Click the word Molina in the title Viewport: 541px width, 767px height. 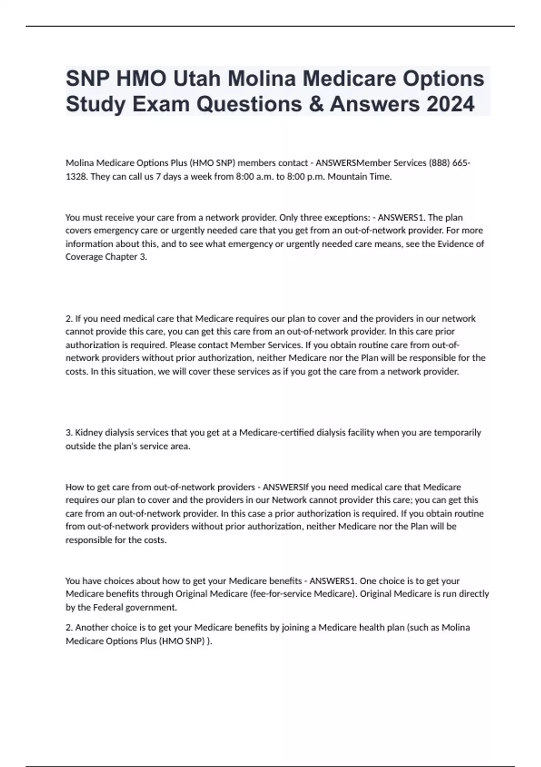click(263, 79)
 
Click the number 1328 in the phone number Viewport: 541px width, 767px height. click(76, 176)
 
